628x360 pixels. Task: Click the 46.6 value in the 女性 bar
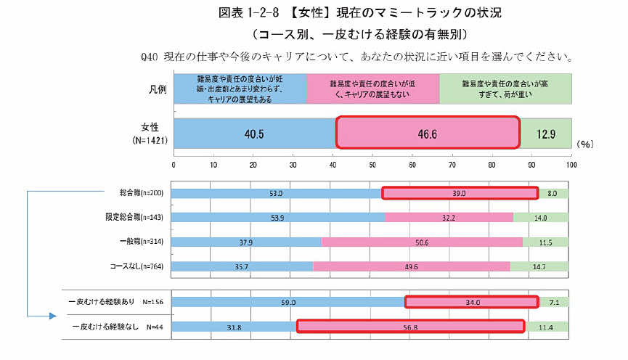(x=427, y=134)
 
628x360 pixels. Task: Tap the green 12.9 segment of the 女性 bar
(x=546, y=134)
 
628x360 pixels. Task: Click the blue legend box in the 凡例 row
(x=240, y=89)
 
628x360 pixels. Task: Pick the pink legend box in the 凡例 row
(x=373, y=89)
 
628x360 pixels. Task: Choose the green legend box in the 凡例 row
(x=505, y=89)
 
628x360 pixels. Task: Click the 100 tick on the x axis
(x=571, y=165)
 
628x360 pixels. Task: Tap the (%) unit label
(x=586, y=144)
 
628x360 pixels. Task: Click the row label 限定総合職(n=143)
(x=131, y=217)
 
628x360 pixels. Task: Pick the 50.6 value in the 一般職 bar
(x=421, y=242)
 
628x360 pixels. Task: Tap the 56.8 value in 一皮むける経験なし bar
(x=411, y=327)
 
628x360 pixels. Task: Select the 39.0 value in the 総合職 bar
(x=460, y=193)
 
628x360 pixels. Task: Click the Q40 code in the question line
(x=154, y=56)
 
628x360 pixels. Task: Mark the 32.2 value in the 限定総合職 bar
(x=448, y=217)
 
